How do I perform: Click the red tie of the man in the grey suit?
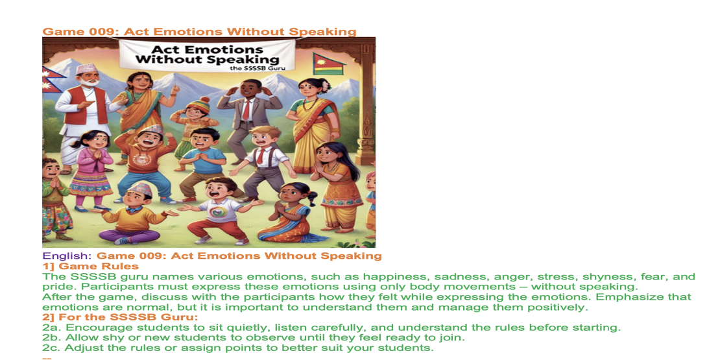coord(246,110)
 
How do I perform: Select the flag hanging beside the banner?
coord(328,64)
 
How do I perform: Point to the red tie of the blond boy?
coord(260,156)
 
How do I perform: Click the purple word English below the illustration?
coord(67,256)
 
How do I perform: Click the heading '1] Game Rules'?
coord(90,267)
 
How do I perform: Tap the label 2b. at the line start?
coord(51,337)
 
